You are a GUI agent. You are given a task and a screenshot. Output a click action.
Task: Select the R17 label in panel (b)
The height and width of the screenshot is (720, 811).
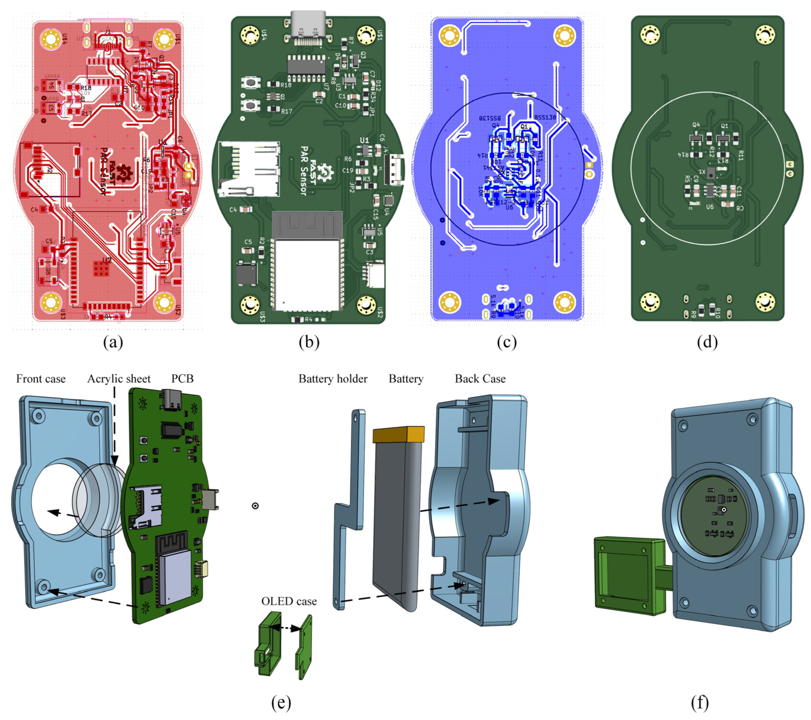(286, 111)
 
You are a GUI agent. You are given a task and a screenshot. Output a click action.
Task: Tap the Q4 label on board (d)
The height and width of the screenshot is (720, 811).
(696, 125)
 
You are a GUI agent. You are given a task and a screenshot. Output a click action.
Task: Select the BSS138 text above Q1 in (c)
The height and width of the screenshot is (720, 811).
(545, 117)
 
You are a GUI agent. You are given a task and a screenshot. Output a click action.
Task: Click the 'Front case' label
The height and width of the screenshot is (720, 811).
(41, 379)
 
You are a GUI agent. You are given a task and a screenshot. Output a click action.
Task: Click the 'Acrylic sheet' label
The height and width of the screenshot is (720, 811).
(119, 379)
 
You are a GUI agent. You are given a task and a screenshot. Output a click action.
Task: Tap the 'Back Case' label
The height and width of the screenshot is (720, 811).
(480, 379)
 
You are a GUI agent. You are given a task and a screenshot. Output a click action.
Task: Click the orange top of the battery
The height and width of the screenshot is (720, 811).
(398, 435)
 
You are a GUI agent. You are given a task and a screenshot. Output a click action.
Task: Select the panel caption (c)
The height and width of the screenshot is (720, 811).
(507, 342)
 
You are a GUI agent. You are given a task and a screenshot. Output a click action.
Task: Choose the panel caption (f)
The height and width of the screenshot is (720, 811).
(699, 702)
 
